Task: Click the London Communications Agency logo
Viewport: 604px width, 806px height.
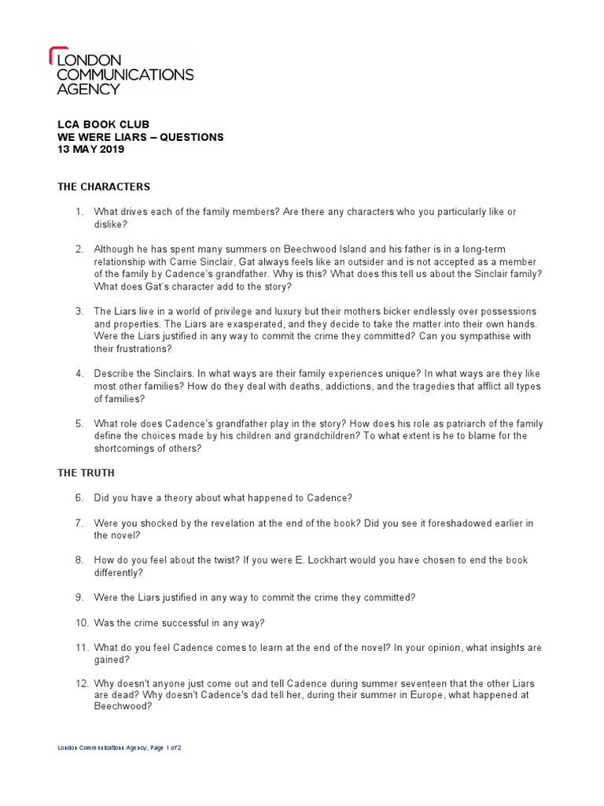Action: pyautogui.click(x=121, y=71)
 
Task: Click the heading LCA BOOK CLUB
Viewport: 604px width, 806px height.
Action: pyautogui.click(x=103, y=124)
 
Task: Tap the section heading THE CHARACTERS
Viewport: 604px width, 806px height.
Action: pyautogui.click(x=104, y=187)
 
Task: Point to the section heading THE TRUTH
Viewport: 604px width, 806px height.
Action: pyautogui.click(x=86, y=472)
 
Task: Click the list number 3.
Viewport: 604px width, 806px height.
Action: pyautogui.click(x=79, y=312)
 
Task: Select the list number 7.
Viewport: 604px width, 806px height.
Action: pyautogui.click(x=79, y=523)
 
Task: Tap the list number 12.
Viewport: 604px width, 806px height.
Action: pyautogui.click(x=82, y=684)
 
